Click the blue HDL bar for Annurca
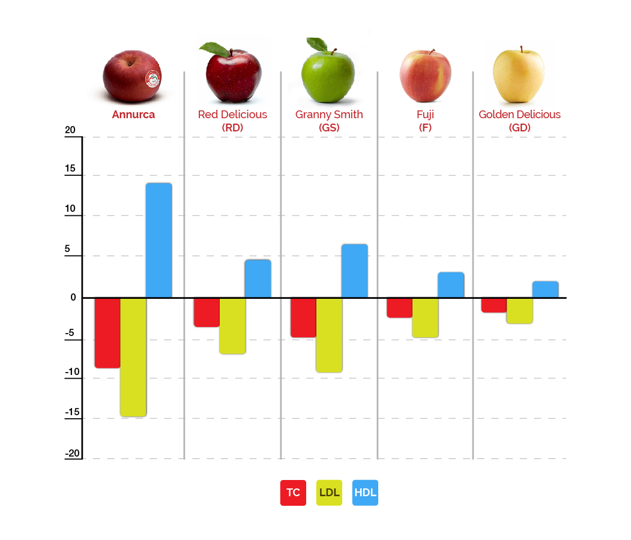coord(159,240)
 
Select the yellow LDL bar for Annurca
coord(133,356)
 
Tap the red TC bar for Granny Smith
coord(303,317)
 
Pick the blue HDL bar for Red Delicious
coord(258,278)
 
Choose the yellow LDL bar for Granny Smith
coord(329,335)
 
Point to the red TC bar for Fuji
coord(399,308)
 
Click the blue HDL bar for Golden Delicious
coord(545,289)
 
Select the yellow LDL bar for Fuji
coord(425,317)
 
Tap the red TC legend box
coord(293,493)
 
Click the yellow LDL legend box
coord(329,493)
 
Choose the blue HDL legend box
coord(365,493)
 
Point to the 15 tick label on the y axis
coord(70,169)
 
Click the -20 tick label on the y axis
coord(71,454)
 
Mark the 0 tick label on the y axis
coord(73,297)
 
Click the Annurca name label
coord(133,115)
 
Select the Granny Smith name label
coord(329,115)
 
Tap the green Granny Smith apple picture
coord(328,75)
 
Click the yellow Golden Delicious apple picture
coord(519,75)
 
